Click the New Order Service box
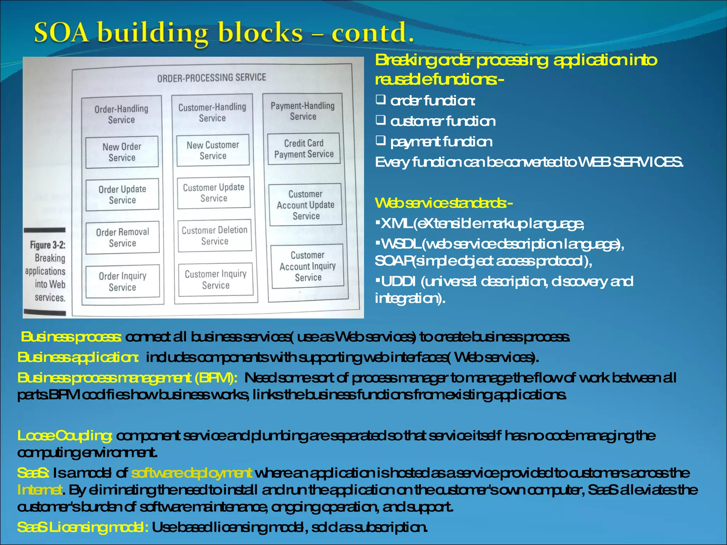122,152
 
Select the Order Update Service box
122,194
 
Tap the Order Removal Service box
122,237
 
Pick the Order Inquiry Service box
122,281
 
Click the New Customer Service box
213,150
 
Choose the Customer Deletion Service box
215,236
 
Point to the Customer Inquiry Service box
216,280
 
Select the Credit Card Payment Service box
304,149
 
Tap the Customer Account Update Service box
306,205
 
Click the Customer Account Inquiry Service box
307,266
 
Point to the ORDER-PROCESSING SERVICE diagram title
212,78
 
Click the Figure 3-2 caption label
48,245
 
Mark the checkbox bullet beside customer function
381,120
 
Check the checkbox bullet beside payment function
381,141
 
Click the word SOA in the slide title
61,33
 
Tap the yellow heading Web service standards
443,203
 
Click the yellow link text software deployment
192,473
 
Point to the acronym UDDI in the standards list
398,282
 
